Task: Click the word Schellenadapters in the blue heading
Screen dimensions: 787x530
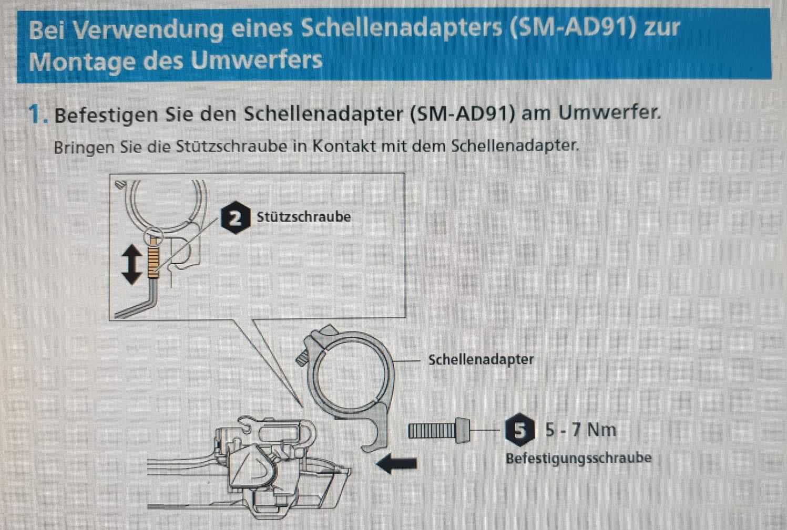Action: tap(401, 28)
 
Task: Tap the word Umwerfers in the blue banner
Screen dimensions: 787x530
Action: tap(257, 60)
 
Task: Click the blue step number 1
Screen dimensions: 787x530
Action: tap(37, 114)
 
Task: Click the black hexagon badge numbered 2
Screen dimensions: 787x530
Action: tap(236, 218)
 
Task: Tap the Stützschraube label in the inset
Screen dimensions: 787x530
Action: tap(303, 216)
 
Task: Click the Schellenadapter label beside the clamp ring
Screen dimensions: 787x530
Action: tap(481, 359)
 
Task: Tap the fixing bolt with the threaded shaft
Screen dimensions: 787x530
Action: tap(439, 431)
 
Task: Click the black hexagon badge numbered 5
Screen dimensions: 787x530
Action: tap(520, 430)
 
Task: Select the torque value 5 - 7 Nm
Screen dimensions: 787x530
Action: tap(581, 430)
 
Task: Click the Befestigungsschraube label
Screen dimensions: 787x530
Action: tap(578, 458)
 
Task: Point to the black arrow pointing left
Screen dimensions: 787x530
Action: tap(397, 463)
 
